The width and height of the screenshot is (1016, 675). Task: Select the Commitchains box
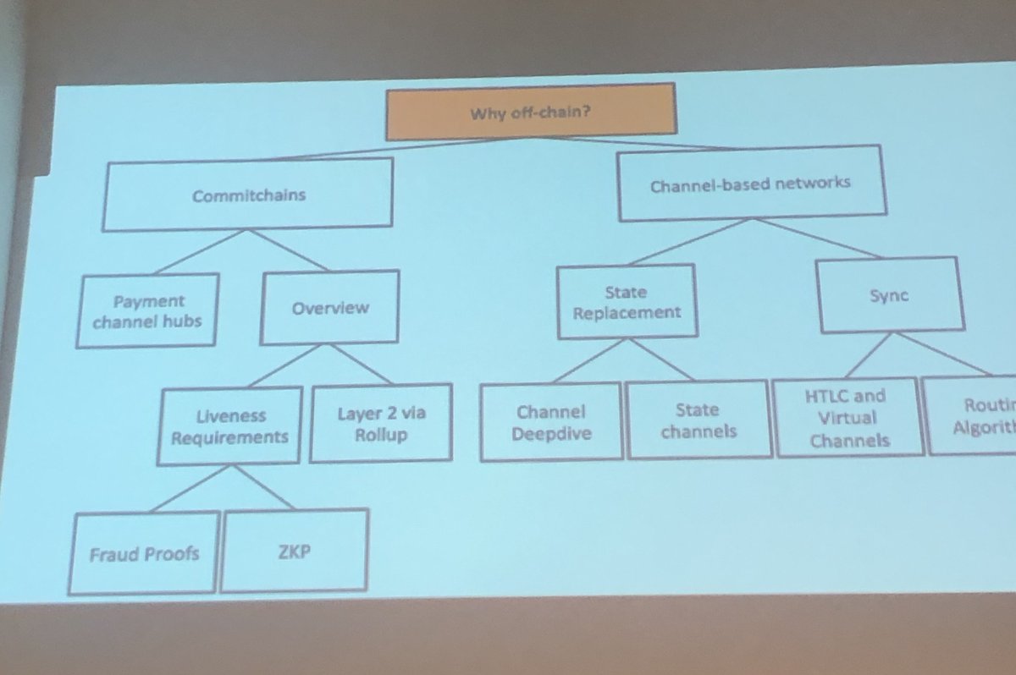pyautogui.click(x=248, y=195)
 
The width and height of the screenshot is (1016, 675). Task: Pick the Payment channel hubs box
pyautogui.click(x=147, y=310)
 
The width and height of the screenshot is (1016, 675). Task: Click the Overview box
pyautogui.click(x=329, y=308)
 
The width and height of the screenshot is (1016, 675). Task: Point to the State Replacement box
pyautogui.click(x=626, y=302)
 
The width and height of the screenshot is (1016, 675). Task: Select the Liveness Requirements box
pyautogui.click(x=229, y=426)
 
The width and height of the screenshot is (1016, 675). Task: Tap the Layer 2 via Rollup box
pyautogui.click(x=380, y=424)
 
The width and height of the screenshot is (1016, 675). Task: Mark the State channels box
pyautogui.click(x=698, y=420)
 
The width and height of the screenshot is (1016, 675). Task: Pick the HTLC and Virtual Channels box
pyautogui.click(x=848, y=418)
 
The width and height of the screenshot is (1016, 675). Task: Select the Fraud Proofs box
pyautogui.click(x=143, y=554)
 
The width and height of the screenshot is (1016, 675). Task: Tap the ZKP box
pyautogui.click(x=295, y=550)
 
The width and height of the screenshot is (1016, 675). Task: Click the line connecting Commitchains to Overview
pyautogui.click(x=288, y=251)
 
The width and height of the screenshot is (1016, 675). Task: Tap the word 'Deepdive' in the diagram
pyautogui.click(x=550, y=435)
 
